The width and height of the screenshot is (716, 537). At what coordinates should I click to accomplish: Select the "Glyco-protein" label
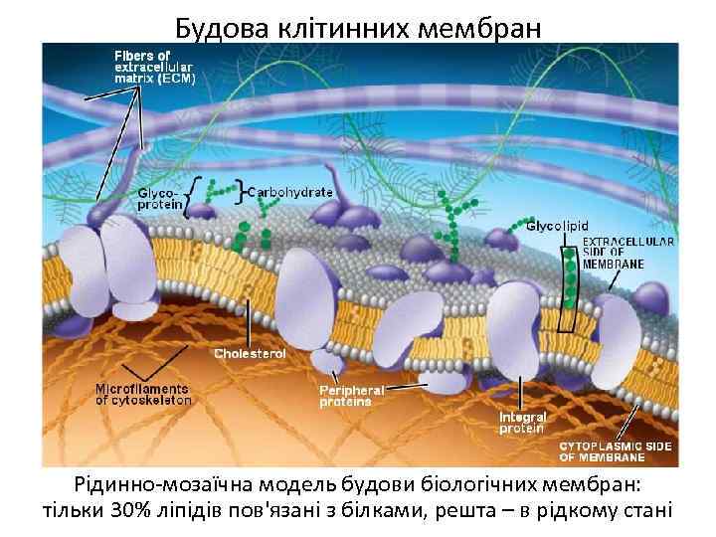pyautogui.click(x=160, y=197)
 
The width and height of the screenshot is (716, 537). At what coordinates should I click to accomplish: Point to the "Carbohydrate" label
pyautogui.click(x=289, y=190)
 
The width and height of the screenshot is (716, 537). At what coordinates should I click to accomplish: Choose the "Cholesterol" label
pyautogui.click(x=251, y=353)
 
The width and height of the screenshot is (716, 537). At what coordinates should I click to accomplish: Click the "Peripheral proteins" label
pyautogui.click(x=345, y=396)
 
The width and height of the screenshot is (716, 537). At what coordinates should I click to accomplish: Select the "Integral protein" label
pyautogui.click(x=521, y=423)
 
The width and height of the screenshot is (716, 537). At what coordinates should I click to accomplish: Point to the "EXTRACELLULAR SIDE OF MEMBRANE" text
pyautogui.click(x=628, y=253)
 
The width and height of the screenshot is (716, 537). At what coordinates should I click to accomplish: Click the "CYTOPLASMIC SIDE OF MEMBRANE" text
pyautogui.click(x=616, y=452)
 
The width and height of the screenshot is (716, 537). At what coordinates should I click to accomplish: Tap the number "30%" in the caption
pyautogui.click(x=133, y=512)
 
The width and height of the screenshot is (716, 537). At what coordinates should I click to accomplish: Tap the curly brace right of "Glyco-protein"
pyautogui.click(x=189, y=196)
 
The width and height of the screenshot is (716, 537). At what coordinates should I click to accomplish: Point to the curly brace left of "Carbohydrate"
pyautogui.click(x=241, y=190)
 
